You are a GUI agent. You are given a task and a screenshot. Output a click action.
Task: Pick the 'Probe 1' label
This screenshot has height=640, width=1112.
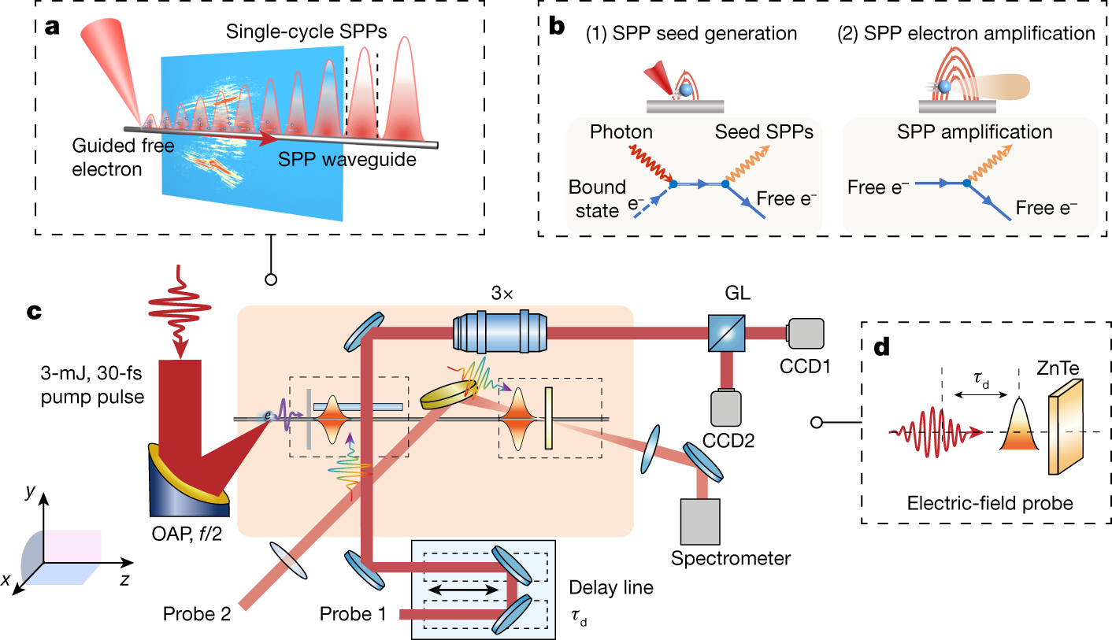[x=353, y=614]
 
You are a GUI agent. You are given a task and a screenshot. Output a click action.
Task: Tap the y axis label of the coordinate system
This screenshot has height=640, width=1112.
[x=29, y=493]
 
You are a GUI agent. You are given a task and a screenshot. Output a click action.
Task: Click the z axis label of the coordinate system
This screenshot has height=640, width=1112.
[x=125, y=580]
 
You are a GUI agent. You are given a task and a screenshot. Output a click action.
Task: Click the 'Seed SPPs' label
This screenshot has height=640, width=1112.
[x=764, y=132]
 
